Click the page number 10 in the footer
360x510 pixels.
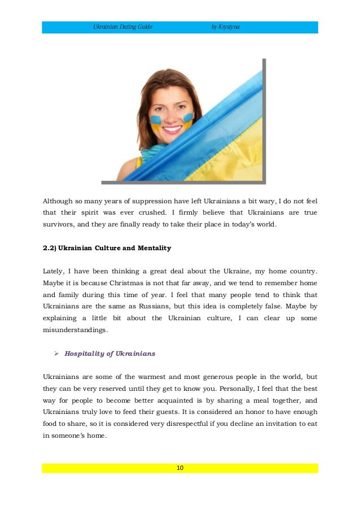tap(179, 468)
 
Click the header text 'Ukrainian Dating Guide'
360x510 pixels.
tap(123, 27)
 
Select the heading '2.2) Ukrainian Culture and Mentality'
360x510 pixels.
tap(107, 248)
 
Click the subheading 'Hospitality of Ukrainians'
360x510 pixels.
tap(110, 354)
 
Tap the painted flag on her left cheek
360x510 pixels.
tap(187, 119)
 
